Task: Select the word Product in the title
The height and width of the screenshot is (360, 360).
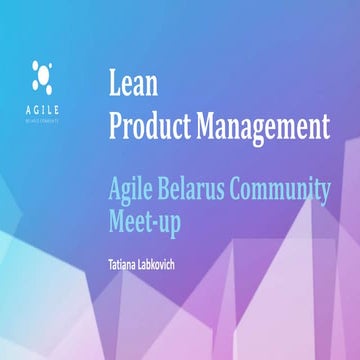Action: pyautogui.click(x=146, y=127)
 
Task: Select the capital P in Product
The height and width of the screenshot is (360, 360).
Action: pyautogui.click(x=115, y=127)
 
